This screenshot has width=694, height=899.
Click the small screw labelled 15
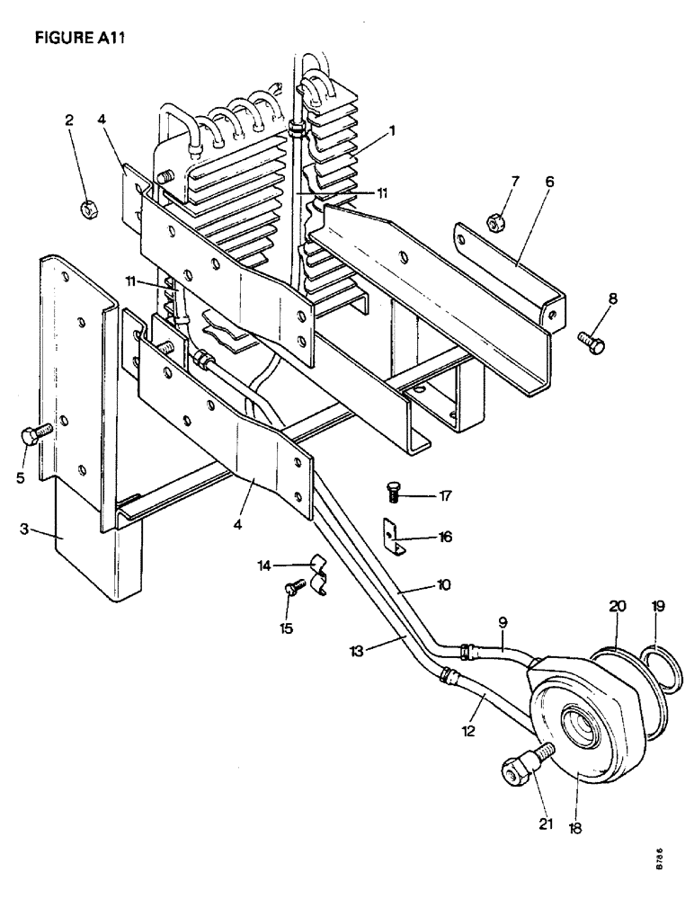coord(292,589)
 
